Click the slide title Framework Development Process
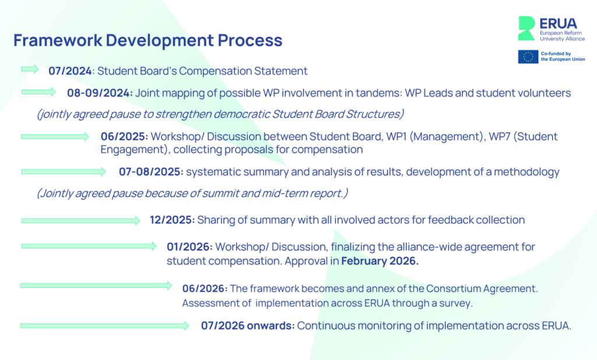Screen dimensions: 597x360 pos(148,40)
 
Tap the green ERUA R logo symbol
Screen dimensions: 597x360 pos(526,28)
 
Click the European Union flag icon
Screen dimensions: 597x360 pos(528,57)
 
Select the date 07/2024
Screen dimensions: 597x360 pos(70,71)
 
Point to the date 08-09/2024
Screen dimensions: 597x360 pos(100,93)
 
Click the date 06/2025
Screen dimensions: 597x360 pos(124,137)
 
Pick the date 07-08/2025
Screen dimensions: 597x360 pos(151,172)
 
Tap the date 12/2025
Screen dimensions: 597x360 pos(172,220)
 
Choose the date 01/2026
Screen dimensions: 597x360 pos(189,247)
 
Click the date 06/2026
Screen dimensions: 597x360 pos(205,289)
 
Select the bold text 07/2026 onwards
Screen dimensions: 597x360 pos(248,326)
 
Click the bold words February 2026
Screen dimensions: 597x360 pos(380,261)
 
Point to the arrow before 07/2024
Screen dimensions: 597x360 pos(30,69)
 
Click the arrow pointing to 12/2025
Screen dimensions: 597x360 pos(80,221)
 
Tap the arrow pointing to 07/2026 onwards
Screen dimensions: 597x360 pos(105,326)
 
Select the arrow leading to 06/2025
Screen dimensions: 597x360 pos(55,137)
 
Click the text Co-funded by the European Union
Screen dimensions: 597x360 pos(563,57)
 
